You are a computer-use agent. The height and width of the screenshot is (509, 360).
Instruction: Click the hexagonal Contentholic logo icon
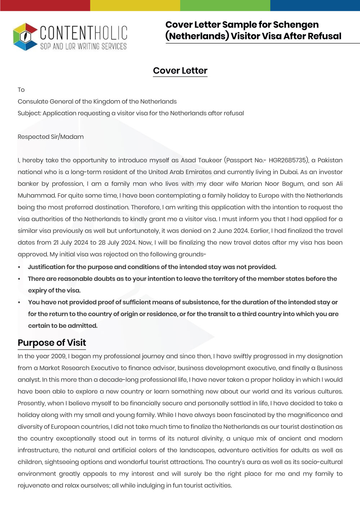pyautogui.click(x=25, y=36)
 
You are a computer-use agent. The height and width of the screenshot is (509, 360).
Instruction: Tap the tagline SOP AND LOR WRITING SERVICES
pyautogui.click(x=83, y=46)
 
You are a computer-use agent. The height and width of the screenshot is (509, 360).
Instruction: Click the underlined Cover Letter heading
pyautogui.click(x=180, y=71)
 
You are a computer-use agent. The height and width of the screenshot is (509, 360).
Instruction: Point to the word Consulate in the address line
pyautogui.click(x=33, y=101)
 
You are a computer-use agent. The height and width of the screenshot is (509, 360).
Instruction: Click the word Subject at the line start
pyautogui.click(x=29, y=113)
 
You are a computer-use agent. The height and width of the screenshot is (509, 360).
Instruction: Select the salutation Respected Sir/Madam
pyautogui.click(x=51, y=137)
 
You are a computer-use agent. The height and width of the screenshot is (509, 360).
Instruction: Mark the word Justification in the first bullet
pyautogui.click(x=46, y=267)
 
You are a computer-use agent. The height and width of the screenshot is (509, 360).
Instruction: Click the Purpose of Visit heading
pyautogui.click(x=52, y=343)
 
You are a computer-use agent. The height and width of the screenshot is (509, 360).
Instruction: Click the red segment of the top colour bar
pyautogui.click(x=45, y=5)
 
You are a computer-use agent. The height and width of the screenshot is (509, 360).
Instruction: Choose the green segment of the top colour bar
pyautogui.click(x=225, y=5)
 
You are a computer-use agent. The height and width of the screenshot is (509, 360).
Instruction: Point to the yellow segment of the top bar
pyautogui.click(x=135, y=5)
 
